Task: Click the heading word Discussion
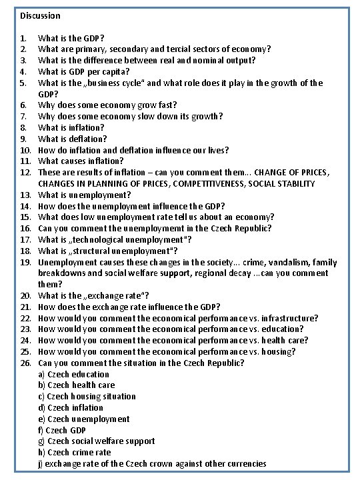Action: pos(40,15)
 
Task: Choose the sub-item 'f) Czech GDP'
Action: pos(61,430)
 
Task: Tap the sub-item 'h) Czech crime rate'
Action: pos(75,452)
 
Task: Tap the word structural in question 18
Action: pos(87,251)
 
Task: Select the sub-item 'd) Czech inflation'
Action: pos(71,407)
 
